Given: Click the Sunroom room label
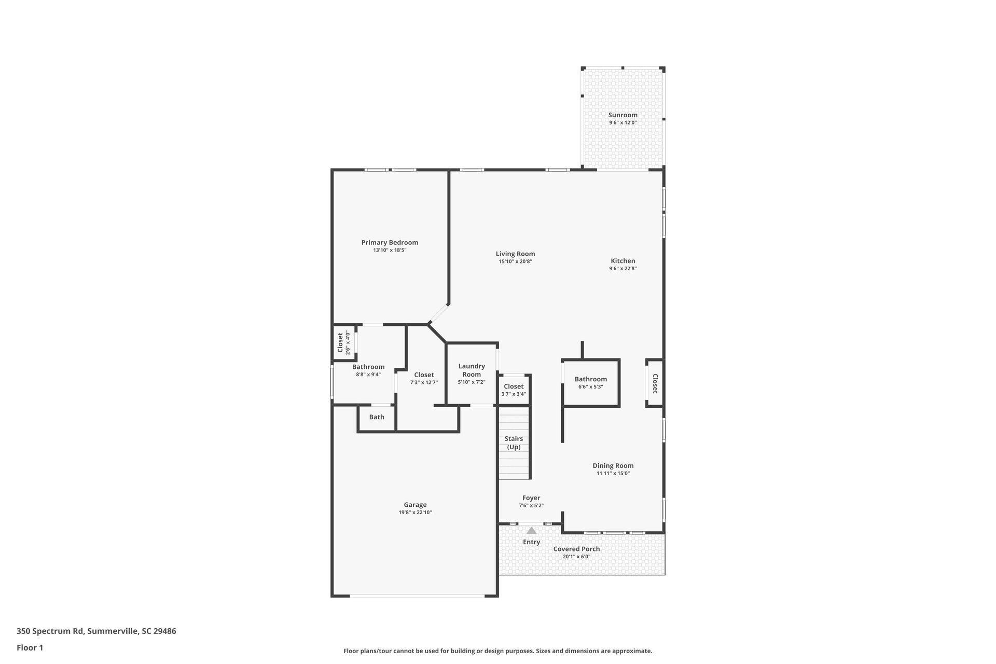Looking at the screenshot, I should click(x=622, y=115).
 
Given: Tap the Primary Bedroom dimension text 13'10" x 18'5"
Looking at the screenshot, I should click(x=390, y=250).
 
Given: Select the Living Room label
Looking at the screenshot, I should click(x=515, y=254).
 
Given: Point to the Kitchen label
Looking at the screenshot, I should click(x=622, y=261).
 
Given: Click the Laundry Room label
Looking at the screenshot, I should click(x=472, y=370).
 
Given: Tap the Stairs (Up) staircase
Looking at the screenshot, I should click(x=514, y=442).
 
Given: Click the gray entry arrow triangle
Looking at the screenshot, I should click(x=531, y=531).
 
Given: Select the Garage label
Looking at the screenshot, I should click(x=415, y=505).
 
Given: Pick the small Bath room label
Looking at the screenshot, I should click(x=377, y=417).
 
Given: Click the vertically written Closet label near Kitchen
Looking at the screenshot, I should click(x=655, y=383).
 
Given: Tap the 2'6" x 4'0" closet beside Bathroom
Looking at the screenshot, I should click(x=343, y=342).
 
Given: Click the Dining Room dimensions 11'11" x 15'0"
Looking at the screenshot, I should click(x=613, y=473).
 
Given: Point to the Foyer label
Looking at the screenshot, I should click(x=531, y=498).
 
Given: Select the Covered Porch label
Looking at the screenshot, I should click(x=576, y=549).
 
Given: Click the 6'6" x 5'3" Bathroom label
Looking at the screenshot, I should click(x=590, y=379).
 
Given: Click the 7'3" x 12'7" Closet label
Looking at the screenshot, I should click(x=424, y=375).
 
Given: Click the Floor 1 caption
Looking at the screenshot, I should click(x=30, y=647).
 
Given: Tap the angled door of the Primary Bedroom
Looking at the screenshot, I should click(x=438, y=314).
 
